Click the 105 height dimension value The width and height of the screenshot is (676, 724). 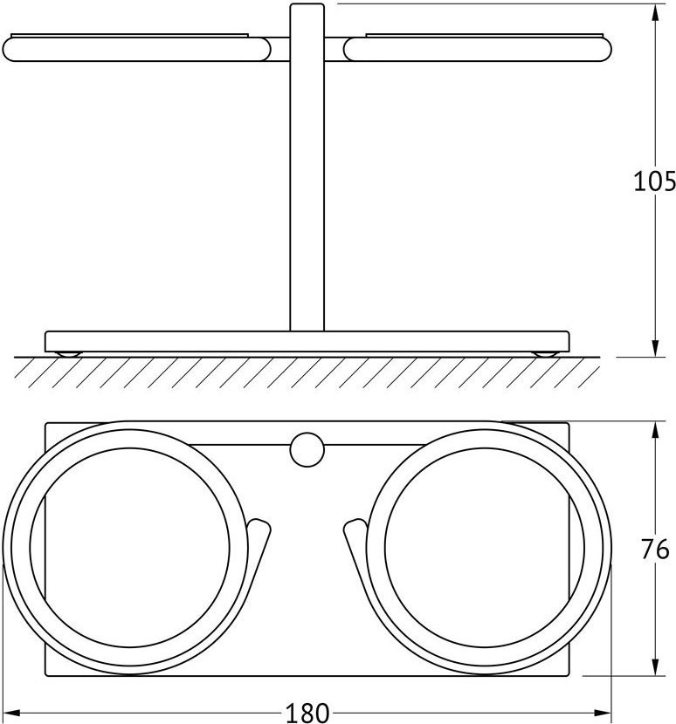point(654,181)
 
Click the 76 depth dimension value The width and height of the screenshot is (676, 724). point(655,550)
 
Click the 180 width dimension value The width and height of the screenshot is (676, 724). point(307,713)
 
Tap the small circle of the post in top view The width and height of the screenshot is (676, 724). point(307,449)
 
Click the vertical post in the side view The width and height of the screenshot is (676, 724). point(307,167)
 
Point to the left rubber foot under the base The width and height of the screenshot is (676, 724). point(68,354)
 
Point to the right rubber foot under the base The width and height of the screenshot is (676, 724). point(546,354)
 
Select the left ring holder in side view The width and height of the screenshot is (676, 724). point(137,49)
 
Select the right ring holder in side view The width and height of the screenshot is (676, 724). point(478,49)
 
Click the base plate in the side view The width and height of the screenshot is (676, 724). point(307,342)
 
